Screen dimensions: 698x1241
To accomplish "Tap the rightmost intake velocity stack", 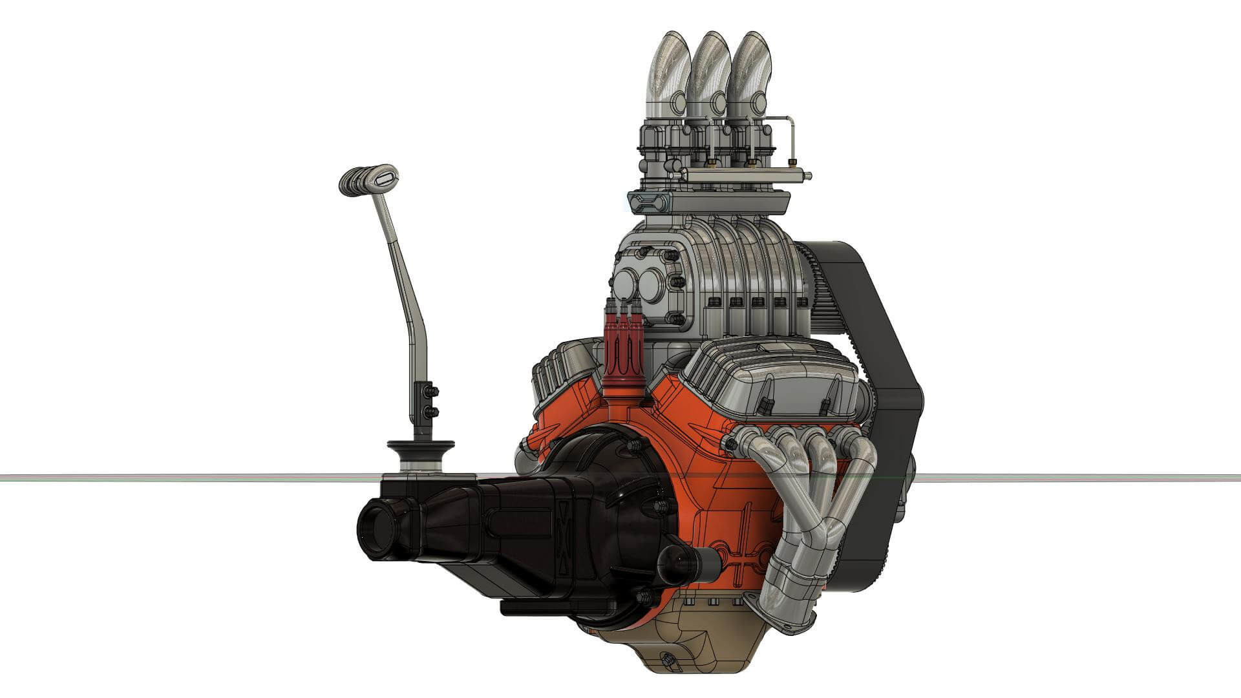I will (750, 71).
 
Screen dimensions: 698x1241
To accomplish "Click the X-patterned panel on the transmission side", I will (566, 536).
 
